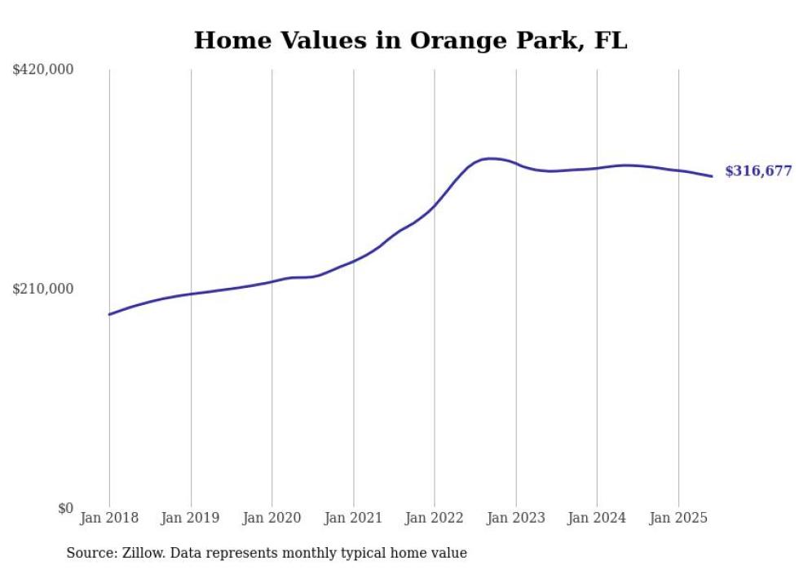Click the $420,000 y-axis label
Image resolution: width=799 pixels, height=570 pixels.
[42, 70]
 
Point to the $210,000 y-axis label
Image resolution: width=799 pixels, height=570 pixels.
[42, 289]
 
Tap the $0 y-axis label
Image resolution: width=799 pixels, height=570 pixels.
[65, 508]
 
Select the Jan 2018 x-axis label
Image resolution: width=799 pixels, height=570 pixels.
[109, 518]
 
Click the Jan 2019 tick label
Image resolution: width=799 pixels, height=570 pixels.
[191, 518]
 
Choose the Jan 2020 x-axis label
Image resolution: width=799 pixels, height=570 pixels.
[272, 518]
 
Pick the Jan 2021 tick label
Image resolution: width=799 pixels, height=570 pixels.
[353, 518]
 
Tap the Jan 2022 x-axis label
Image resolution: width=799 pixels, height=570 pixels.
[435, 518]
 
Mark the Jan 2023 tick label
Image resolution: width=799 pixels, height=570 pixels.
[515, 518]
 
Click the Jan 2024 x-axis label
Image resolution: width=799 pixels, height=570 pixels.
[597, 518]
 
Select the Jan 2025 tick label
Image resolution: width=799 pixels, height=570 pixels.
[678, 518]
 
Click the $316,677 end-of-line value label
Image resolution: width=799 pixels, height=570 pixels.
[758, 171]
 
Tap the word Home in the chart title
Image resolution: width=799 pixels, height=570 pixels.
[230, 41]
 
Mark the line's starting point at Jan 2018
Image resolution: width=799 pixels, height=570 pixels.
[109, 314]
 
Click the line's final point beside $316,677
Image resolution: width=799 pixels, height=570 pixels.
[712, 176]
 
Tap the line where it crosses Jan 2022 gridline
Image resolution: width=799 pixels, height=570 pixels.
[435, 205]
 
